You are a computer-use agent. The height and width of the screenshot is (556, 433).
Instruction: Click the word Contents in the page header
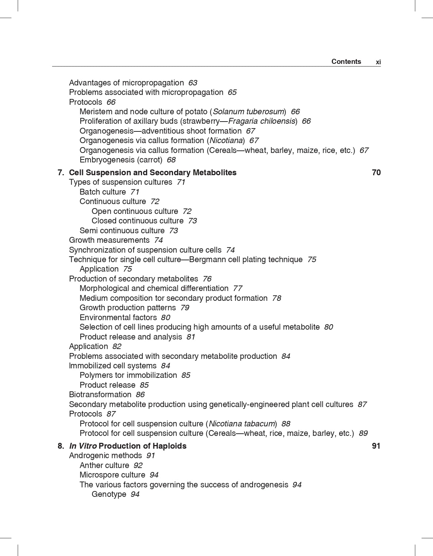click(x=346, y=62)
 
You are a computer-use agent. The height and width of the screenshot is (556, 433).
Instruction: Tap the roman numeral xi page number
click(x=378, y=62)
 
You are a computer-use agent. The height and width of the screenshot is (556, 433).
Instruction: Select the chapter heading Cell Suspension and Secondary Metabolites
click(x=153, y=173)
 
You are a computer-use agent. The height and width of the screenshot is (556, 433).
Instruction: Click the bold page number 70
click(x=376, y=173)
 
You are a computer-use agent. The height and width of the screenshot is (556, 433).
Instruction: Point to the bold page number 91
click(x=376, y=446)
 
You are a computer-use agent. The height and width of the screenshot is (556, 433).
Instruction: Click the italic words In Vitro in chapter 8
click(x=83, y=446)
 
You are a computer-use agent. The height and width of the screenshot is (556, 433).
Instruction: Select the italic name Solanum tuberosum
click(x=248, y=112)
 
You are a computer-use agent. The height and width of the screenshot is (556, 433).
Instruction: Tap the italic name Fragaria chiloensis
click(x=261, y=121)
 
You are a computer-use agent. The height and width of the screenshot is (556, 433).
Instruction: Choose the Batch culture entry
click(x=103, y=192)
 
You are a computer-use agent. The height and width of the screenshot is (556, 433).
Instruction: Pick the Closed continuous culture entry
click(x=137, y=221)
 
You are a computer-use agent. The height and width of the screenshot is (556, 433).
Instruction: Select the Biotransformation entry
click(x=100, y=395)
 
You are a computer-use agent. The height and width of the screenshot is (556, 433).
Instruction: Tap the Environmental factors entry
click(x=118, y=318)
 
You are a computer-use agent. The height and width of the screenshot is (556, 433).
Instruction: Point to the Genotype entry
click(x=109, y=494)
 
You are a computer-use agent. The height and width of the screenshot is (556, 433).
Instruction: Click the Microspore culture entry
click(x=112, y=475)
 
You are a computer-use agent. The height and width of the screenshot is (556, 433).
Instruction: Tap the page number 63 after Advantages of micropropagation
click(x=192, y=83)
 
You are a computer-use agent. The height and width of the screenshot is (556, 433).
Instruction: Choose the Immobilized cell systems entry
click(x=112, y=366)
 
